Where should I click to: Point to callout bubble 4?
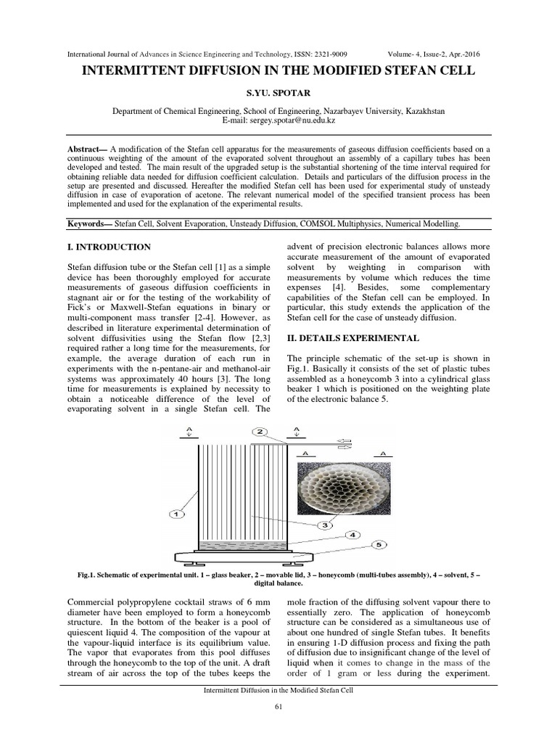352,535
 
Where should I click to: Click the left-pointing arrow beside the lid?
345,440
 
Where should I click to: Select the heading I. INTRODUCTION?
109,247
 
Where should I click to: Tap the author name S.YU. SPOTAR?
278,94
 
